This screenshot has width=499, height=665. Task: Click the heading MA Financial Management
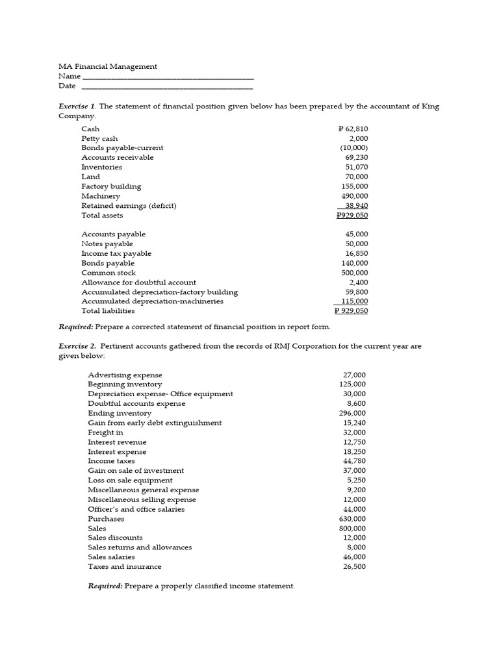click(x=108, y=66)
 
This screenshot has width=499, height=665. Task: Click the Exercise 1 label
click(x=77, y=107)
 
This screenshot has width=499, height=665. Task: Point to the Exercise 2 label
click(x=77, y=346)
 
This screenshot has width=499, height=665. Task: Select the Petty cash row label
click(x=99, y=139)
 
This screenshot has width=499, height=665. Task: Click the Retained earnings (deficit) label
click(x=129, y=206)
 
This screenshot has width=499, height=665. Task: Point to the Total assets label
click(x=102, y=216)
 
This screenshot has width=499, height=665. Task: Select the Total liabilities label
click(x=108, y=311)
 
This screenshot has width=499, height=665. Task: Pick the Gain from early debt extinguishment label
click(x=155, y=423)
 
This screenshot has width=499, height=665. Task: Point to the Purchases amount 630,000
click(x=352, y=519)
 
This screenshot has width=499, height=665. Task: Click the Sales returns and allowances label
click(x=140, y=547)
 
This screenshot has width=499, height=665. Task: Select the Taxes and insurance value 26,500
click(x=354, y=567)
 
